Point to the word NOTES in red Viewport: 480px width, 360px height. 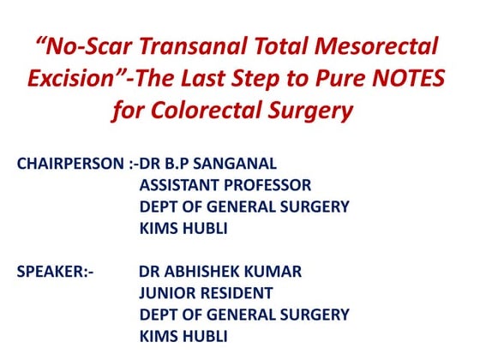405,80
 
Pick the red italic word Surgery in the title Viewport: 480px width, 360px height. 312,111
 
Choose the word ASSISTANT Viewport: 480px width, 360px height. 181,184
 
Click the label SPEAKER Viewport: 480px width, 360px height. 52,272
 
